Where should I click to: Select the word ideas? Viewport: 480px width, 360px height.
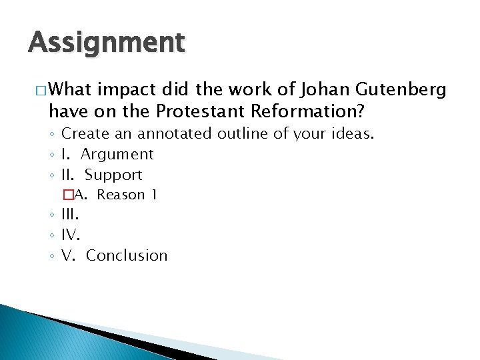click(351, 133)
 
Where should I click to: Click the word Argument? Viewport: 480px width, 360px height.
click(117, 155)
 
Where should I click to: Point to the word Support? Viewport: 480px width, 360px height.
click(113, 175)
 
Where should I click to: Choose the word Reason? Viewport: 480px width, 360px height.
click(121, 195)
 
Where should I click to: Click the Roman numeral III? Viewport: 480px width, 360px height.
click(70, 215)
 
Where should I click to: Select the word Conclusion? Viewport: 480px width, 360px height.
click(127, 255)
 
